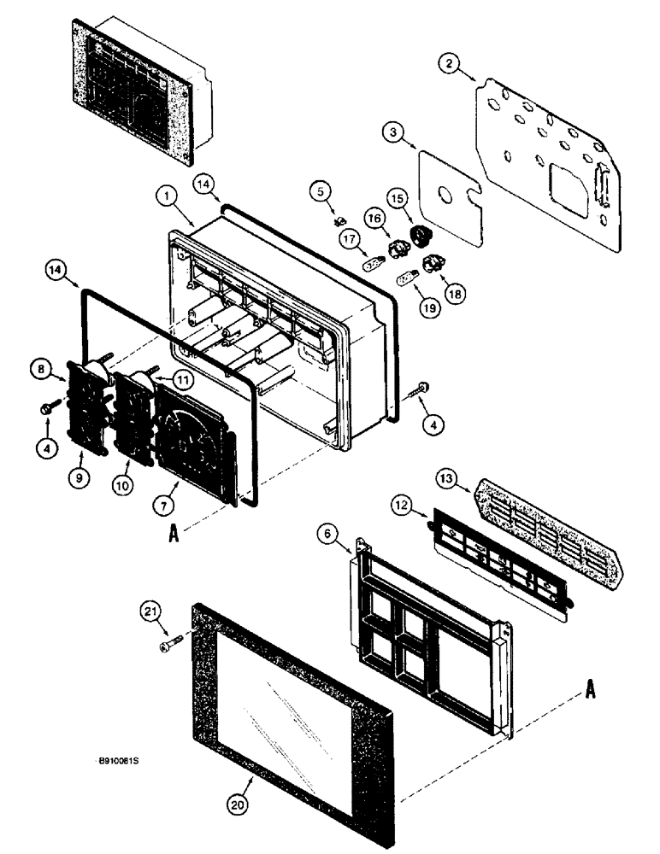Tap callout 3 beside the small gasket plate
pyautogui.click(x=392, y=135)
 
